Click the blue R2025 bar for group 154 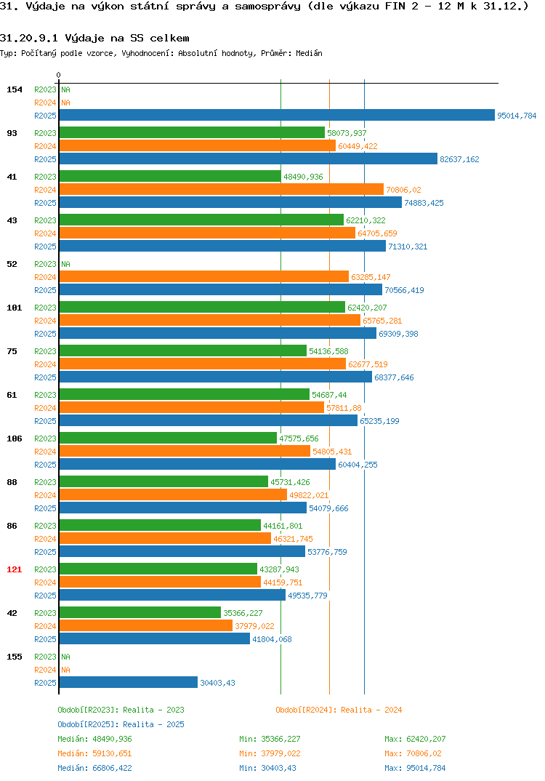(x=277, y=115)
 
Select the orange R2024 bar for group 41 (x=222, y=189)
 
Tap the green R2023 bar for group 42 (x=140, y=612)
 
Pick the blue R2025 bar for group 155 (x=129, y=682)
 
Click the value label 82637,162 (x=459, y=159)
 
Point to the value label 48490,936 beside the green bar (x=303, y=177)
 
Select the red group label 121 (x=15, y=569)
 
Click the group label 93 (x=12, y=133)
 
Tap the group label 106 (x=15, y=438)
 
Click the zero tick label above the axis (x=59, y=75)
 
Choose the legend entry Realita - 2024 (x=339, y=710)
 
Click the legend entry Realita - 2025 (x=121, y=724)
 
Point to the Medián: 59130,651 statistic (x=94, y=753)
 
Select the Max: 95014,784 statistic (x=415, y=768)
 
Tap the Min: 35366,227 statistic (x=270, y=739)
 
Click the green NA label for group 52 (x=65, y=264)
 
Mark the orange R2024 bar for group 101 (x=209, y=320)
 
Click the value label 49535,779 (x=307, y=596)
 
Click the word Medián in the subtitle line (x=309, y=53)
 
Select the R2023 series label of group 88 (x=45, y=482)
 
